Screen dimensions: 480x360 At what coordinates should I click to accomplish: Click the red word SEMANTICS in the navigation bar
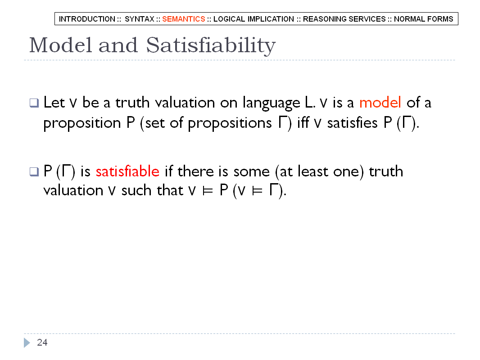tap(183, 19)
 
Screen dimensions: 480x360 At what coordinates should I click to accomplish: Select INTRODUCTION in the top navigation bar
tap(87, 19)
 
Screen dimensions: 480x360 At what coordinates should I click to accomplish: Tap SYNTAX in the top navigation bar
tap(139, 19)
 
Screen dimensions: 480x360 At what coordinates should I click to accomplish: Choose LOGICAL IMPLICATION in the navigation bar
tap(254, 19)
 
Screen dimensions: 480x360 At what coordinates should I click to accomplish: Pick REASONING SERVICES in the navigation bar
tap(344, 19)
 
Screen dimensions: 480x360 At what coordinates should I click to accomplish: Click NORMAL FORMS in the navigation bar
tap(423, 19)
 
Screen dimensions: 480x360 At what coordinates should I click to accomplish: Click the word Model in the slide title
tap(60, 45)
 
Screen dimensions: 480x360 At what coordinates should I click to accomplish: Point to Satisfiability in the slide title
tap(211, 46)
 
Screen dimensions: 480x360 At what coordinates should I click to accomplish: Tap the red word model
tap(380, 102)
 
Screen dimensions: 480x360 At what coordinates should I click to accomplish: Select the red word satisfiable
tap(127, 171)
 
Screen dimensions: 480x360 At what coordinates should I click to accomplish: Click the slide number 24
tap(42, 342)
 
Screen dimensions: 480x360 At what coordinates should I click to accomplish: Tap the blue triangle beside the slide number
tap(27, 342)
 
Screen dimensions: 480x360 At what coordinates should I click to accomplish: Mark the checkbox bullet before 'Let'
tap(34, 103)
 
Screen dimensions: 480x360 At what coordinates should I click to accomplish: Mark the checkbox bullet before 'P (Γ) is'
tap(34, 171)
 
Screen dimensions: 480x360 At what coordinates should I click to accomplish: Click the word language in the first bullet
tap(271, 103)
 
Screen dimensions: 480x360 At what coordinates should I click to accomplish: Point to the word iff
tap(303, 123)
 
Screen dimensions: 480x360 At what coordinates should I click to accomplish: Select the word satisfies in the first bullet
tap(353, 123)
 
